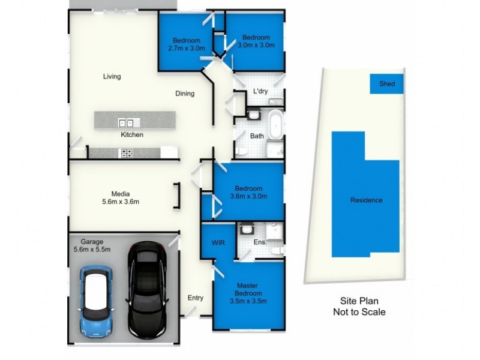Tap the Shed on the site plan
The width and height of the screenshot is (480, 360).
pyautogui.click(x=387, y=84)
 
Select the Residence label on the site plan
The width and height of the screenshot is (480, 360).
pyautogui.click(x=366, y=200)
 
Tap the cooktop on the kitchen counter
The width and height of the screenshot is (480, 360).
pyautogui.click(x=127, y=154)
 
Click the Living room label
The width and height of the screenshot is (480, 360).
pyautogui.click(x=112, y=76)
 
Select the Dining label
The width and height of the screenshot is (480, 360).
pyautogui.click(x=185, y=94)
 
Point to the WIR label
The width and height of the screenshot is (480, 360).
pyautogui.click(x=218, y=243)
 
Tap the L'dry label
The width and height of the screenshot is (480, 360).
pyautogui.click(x=260, y=92)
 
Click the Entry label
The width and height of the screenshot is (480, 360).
pyautogui.click(x=196, y=298)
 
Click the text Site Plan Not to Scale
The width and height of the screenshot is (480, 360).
pyautogui.click(x=359, y=307)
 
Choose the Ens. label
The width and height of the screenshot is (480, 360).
pyautogui.click(x=260, y=243)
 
